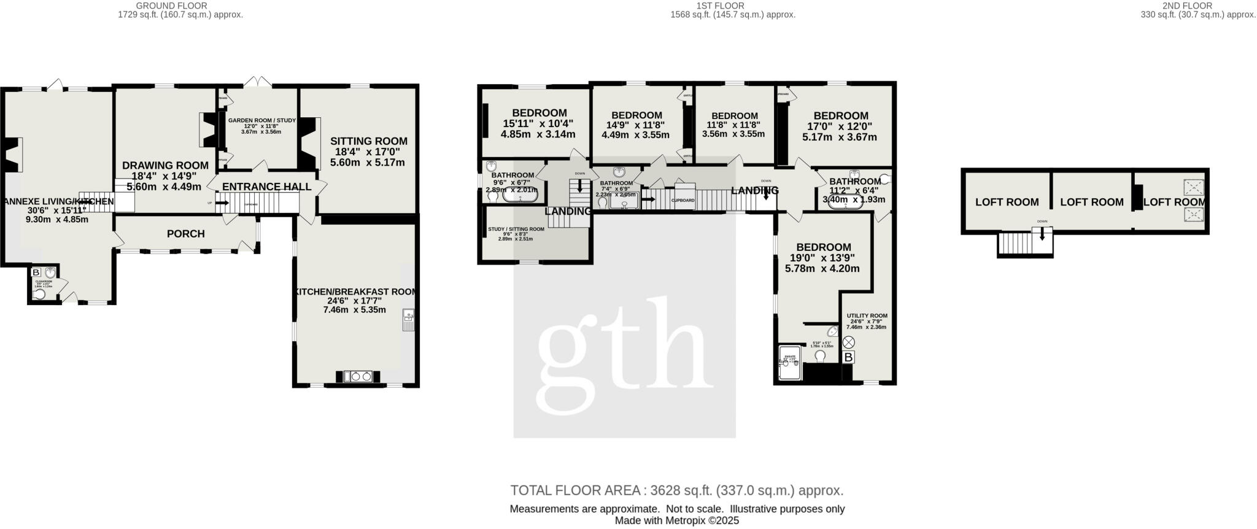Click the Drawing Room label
pyautogui.click(x=165, y=165)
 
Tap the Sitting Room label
pyautogui.click(x=368, y=141)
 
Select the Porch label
pyautogui.click(x=186, y=234)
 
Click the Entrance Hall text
pyautogui.click(x=266, y=187)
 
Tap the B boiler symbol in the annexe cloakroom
pyautogui.click(x=36, y=272)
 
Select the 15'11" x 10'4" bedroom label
pyautogui.click(x=539, y=113)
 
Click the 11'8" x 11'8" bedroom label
pyautogui.click(x=734, y=116)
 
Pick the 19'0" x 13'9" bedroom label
pyautogui.click(x=822, y=247)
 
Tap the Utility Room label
pyautogui.click(x=867, y=316)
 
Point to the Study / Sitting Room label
pyautogui.click(x=516, y=230)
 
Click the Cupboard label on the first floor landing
pyautogui.click(x=683, y=201)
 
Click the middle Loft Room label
pyautogui.click(x=1091, y=202)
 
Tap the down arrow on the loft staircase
pyautogui.click(x=1042, y=234)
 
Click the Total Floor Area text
pyautogui.click(x=676, y=490)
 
